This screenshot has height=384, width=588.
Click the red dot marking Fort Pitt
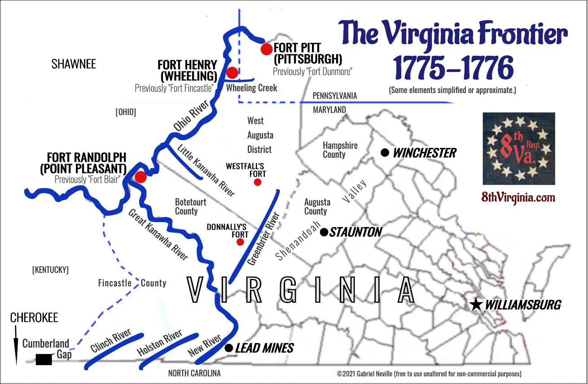[266, 49]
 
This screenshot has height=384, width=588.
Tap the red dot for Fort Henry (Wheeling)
[232, 72]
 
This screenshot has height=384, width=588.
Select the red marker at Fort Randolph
[140, 177]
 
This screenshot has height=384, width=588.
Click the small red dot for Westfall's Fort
[257, 182]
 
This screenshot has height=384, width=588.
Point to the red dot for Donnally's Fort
[240, 242]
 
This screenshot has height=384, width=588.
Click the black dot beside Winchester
[384, 152]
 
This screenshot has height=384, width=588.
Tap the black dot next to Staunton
[324, 232]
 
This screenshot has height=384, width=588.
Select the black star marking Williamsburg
[476, 305]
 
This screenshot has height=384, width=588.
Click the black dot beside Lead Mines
[228, 348]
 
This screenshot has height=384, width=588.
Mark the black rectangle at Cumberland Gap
[44, 359]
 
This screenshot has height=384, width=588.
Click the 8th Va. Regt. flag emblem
[518, 148]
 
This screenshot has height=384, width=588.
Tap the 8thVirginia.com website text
[518, 197]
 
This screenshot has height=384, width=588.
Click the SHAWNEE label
[74, 64]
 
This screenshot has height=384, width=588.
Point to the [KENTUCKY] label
[50, 270]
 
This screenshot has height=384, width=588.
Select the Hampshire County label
[340, 150]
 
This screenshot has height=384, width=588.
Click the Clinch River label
[110, 341]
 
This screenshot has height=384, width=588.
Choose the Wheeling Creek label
[251, 88]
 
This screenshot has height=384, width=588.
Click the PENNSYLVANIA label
[335, 96]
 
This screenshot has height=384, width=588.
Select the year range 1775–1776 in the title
[453, 68]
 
